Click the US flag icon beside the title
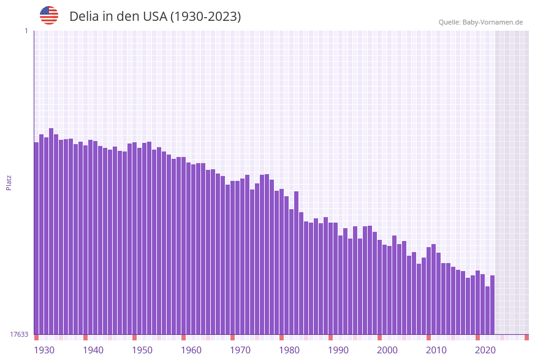49,15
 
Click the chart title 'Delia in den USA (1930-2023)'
155,17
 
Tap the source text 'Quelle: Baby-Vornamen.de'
480,22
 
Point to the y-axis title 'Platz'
9,182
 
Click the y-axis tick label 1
26,31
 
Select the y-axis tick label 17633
19,334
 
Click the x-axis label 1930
44,350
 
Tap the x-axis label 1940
93,350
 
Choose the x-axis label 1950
142,350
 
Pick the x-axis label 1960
191,350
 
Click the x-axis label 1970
240,350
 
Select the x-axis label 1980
289,350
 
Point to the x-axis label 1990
338,350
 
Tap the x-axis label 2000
387,350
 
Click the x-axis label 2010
436,350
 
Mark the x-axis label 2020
485,350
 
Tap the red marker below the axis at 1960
183,337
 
